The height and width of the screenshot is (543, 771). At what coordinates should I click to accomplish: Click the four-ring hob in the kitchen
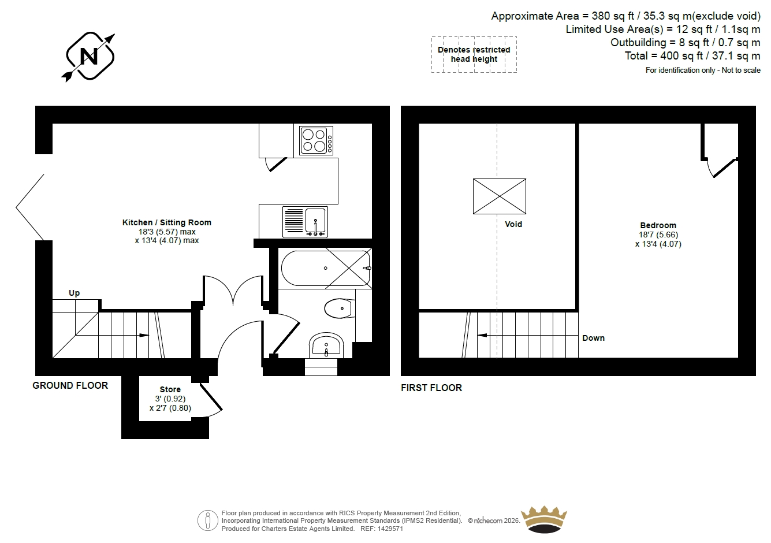316,140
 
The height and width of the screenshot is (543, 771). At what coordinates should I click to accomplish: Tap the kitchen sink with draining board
305,222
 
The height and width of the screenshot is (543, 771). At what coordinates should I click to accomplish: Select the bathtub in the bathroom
326,268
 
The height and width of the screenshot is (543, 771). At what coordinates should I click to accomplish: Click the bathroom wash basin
326,345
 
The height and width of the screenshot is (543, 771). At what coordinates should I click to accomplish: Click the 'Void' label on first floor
513,224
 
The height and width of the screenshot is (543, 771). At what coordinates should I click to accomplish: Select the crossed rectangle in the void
500,196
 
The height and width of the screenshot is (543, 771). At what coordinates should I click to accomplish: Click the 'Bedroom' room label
658,225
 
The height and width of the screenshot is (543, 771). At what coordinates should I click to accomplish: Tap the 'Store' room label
170,389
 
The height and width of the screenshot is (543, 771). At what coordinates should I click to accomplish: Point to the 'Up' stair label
74,293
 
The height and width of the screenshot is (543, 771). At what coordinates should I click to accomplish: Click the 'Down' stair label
593,338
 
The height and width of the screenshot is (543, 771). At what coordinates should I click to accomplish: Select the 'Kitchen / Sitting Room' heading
166,222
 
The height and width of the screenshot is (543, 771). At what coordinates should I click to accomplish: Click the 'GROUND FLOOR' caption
70,385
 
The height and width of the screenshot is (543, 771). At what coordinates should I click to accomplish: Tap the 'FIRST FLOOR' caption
431,388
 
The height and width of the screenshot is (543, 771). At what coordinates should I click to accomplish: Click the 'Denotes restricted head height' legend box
474,54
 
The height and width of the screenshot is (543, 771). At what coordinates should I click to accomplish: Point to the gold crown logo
544,519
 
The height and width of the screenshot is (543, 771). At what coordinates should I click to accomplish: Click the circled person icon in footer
207,520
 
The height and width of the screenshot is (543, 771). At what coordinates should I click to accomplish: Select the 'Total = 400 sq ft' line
692,56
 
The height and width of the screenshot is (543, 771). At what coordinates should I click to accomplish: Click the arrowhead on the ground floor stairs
144,335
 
